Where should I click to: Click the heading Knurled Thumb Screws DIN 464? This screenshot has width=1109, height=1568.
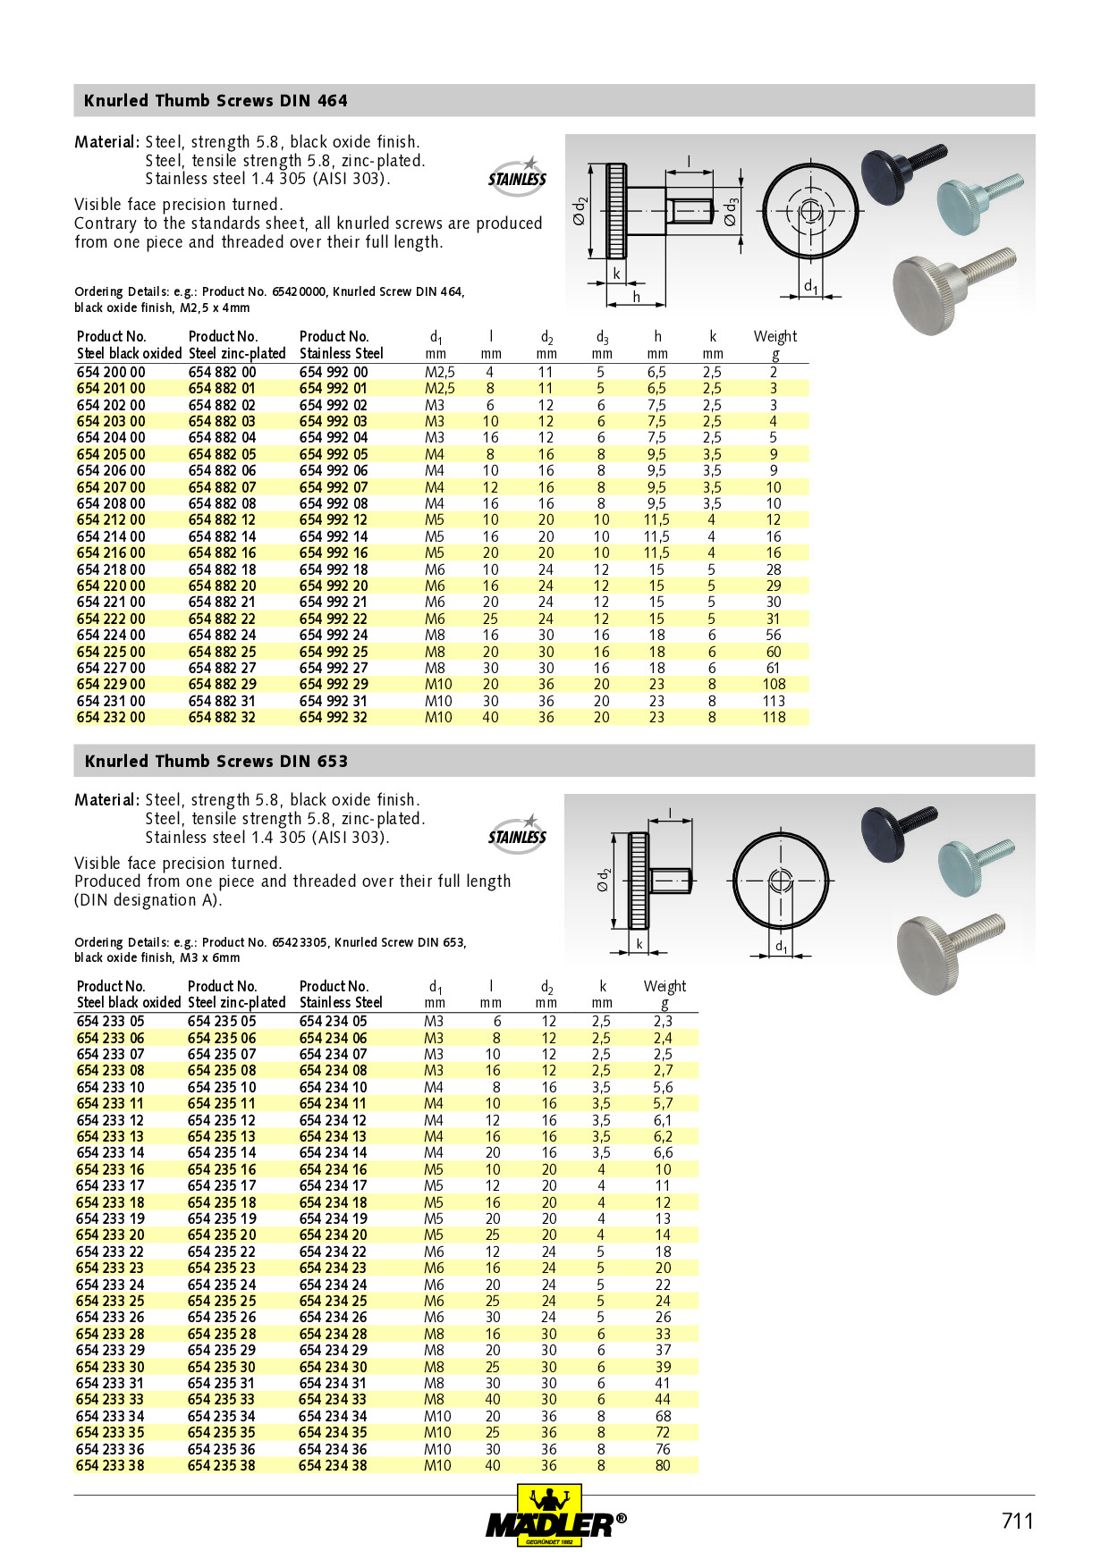tap(216, 101)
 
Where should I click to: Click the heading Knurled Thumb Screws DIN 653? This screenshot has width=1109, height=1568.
tap(216, 762)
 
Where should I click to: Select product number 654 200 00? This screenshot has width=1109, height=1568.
tap(111, 372)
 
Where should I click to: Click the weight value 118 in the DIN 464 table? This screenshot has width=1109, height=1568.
tap(774, 717)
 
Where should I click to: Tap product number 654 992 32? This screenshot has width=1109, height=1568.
tap(334, 717)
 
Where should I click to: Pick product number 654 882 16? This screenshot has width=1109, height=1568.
tap(222, 552)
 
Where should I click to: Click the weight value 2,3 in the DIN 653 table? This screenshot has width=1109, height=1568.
tap(663, 1021)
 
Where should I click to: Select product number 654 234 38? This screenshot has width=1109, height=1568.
tap(333, 1465)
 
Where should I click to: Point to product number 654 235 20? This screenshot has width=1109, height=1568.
tap(222, 1235)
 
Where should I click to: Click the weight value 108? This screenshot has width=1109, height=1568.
tap(774, 684)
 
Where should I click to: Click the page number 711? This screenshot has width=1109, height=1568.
tap(1017, 1521)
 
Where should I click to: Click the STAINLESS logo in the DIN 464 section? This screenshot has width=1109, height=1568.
tap(517, 175)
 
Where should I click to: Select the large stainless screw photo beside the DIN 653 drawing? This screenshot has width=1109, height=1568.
tap(948, 949)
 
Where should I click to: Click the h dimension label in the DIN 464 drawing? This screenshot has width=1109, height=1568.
tap(636, 297)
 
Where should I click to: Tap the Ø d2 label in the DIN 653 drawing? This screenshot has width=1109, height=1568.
tap(605, 881)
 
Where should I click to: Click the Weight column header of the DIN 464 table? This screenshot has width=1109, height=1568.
tap(775, 337)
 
